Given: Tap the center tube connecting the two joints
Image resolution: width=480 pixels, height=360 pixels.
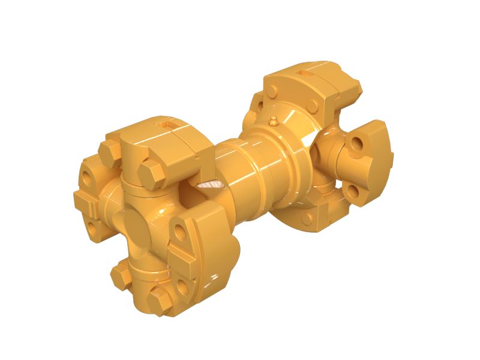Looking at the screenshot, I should coord(240,174).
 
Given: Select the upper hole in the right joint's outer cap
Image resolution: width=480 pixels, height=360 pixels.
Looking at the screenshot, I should coord(359,144).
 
